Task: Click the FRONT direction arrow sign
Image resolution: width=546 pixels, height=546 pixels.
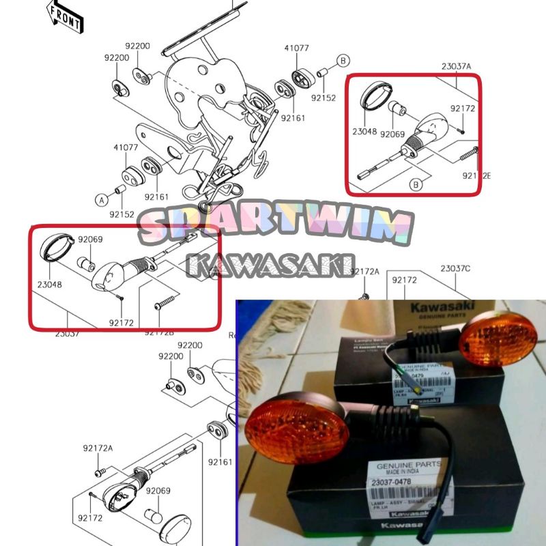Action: [65, 17]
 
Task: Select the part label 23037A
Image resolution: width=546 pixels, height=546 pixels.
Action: [456, 66]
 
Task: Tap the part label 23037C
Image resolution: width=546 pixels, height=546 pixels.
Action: [455, 268]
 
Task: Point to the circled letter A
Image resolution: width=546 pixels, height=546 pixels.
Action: [101, 200]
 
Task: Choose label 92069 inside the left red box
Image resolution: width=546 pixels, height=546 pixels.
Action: [89, 240]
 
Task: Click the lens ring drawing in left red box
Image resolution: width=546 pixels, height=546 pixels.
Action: [54, 246]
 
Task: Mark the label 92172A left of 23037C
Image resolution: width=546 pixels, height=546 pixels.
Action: [364, 272]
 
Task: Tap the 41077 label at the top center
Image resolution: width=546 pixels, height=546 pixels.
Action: [297, 48]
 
